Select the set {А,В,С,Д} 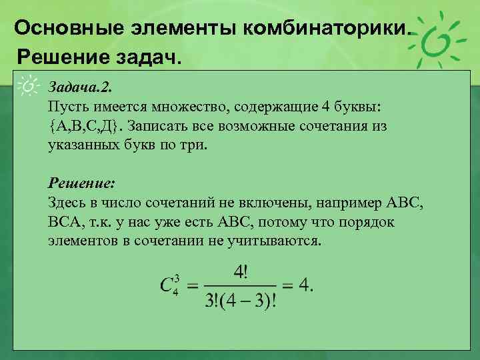pos(85,125)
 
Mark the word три pos(196,144)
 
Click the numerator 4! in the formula pos(241,273)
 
